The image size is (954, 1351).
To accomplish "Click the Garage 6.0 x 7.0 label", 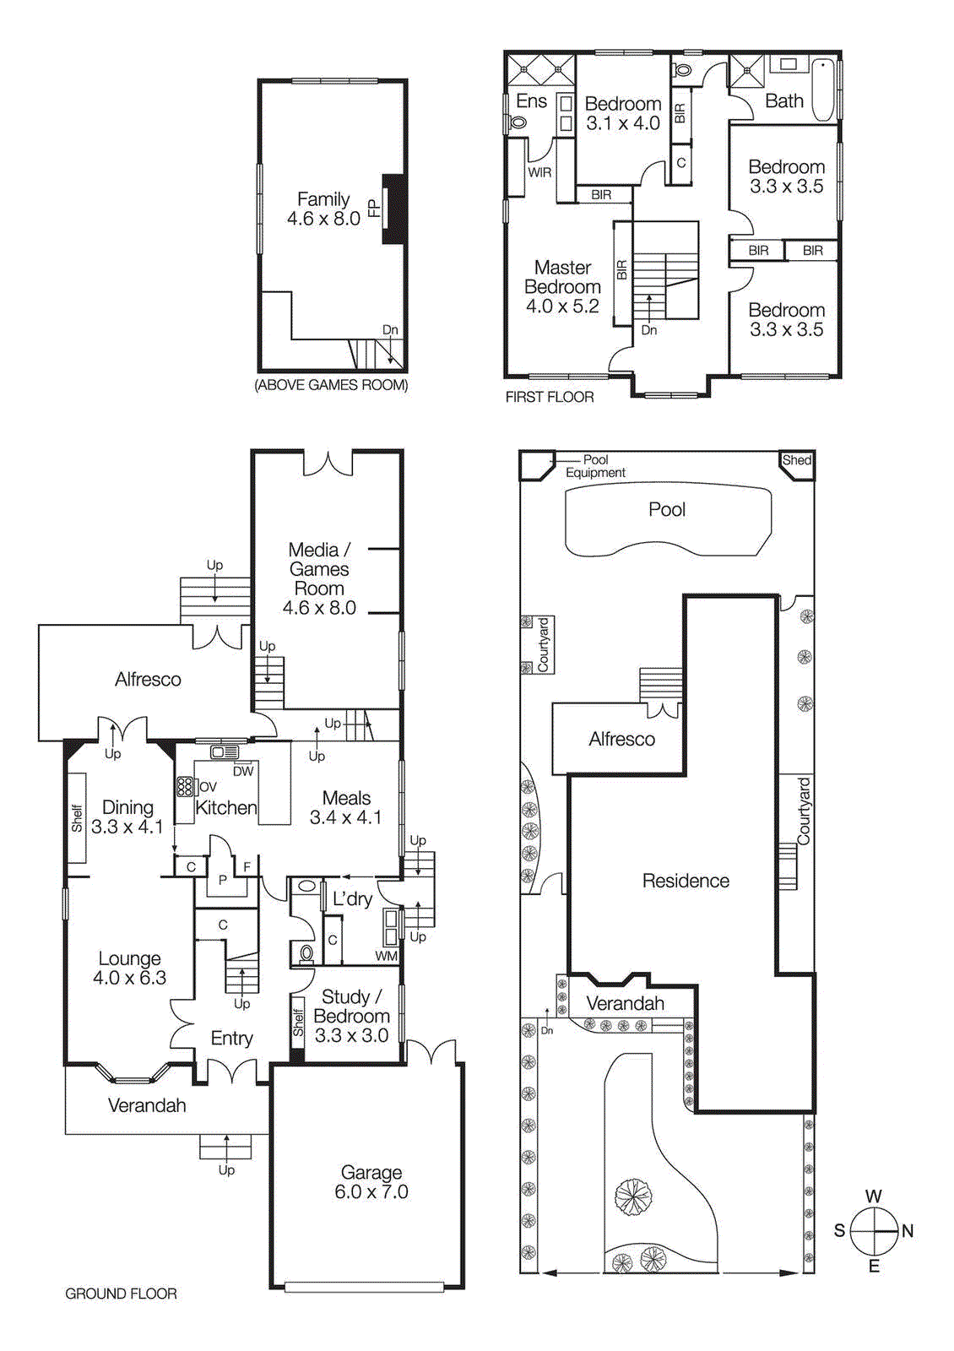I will (371, 1182).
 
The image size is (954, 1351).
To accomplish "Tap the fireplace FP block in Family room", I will (394, 209).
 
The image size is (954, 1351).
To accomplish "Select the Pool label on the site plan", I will (667, 509).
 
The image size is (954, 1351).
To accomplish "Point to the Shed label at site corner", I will (796, 460).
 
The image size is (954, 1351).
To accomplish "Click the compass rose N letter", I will (908, 1231).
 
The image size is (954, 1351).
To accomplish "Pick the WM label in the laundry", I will (386, 956).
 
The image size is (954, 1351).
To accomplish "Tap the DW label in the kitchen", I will (243, 771).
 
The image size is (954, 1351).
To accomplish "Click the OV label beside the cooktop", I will (208, 786).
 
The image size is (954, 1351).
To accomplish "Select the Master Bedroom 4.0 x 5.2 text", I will (562, 287).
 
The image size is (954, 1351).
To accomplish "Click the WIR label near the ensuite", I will (539, 172).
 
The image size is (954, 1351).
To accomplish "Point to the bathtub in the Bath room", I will (824, 89).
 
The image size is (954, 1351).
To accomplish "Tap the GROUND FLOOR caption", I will (121, 1294).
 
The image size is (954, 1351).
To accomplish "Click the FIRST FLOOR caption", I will (550, 397).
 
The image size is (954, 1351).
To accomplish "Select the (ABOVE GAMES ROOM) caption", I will (331, 385).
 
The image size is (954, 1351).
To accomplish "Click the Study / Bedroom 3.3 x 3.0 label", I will (351, 1016).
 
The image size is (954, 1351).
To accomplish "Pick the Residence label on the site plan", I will (686, 881).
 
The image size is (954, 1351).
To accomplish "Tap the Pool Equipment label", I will (595, 466).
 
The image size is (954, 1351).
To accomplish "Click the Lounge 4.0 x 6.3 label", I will (129, 968).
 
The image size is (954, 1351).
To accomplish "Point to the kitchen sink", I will (225, 751).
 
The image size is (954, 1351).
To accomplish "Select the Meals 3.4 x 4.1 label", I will (346, 807).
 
